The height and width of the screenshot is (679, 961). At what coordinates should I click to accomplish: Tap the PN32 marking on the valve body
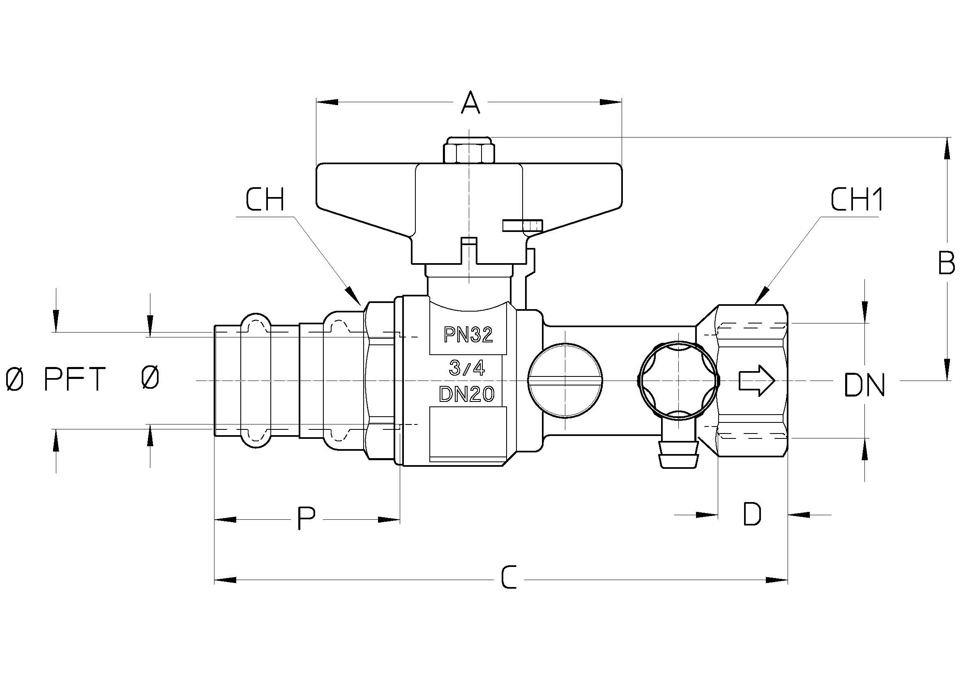click(468, 335)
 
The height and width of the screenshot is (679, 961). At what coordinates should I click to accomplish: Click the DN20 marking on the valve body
click(467, 394)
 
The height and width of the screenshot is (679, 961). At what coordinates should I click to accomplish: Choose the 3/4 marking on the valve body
click(467, 368)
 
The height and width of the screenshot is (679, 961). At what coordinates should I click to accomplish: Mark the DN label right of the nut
click(864, 385)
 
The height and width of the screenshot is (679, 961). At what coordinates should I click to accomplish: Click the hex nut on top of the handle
click(469, 151)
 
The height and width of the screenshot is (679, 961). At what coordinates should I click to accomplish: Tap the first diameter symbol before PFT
click(14, 378)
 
